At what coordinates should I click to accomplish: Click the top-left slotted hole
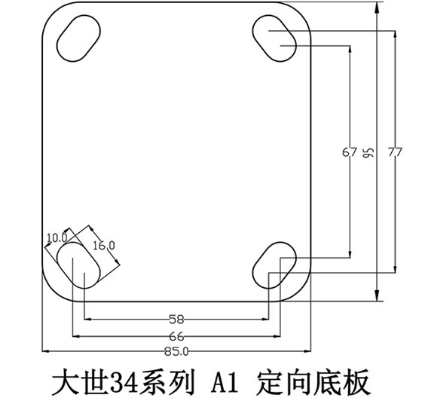pyautogui.click(x=77, y=37)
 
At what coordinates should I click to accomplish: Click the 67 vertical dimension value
pyautogui.click(x=349, y=152)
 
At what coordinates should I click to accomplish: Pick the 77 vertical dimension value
pyautogui.click(x=393, y=152)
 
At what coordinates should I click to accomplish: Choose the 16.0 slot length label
pyautogui.click(x=103, y=245)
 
